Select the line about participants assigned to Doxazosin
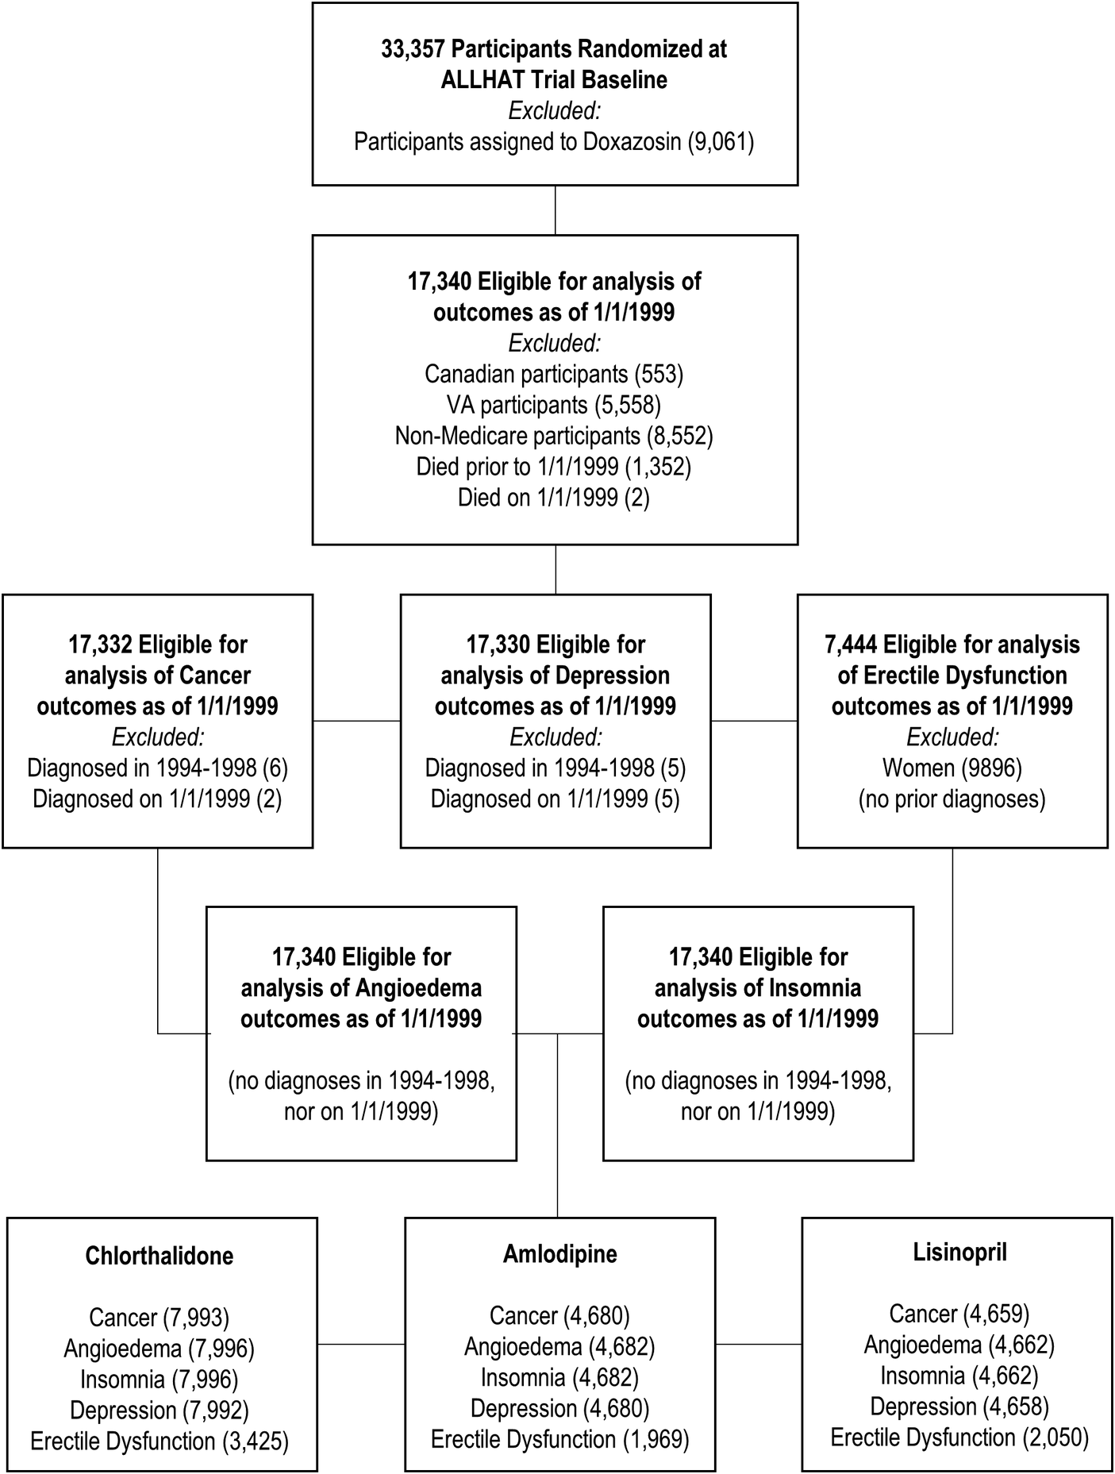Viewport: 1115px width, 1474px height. (554, 142)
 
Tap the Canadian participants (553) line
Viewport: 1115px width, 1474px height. (554, 374)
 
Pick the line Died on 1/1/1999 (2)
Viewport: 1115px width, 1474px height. (554, 498)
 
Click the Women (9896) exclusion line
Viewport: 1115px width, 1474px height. (952, 768)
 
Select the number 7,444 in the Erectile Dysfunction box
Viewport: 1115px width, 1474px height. (851, 645)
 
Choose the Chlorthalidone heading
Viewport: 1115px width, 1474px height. (159, 1256)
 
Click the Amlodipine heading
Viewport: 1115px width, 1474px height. (559, 1254)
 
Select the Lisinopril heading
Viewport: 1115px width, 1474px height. (959, 1252)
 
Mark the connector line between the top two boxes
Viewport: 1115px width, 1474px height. (555, 210)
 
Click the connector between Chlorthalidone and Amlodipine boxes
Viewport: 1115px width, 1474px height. (361, 1344)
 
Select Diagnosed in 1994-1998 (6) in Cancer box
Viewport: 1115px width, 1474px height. (157, 768)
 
